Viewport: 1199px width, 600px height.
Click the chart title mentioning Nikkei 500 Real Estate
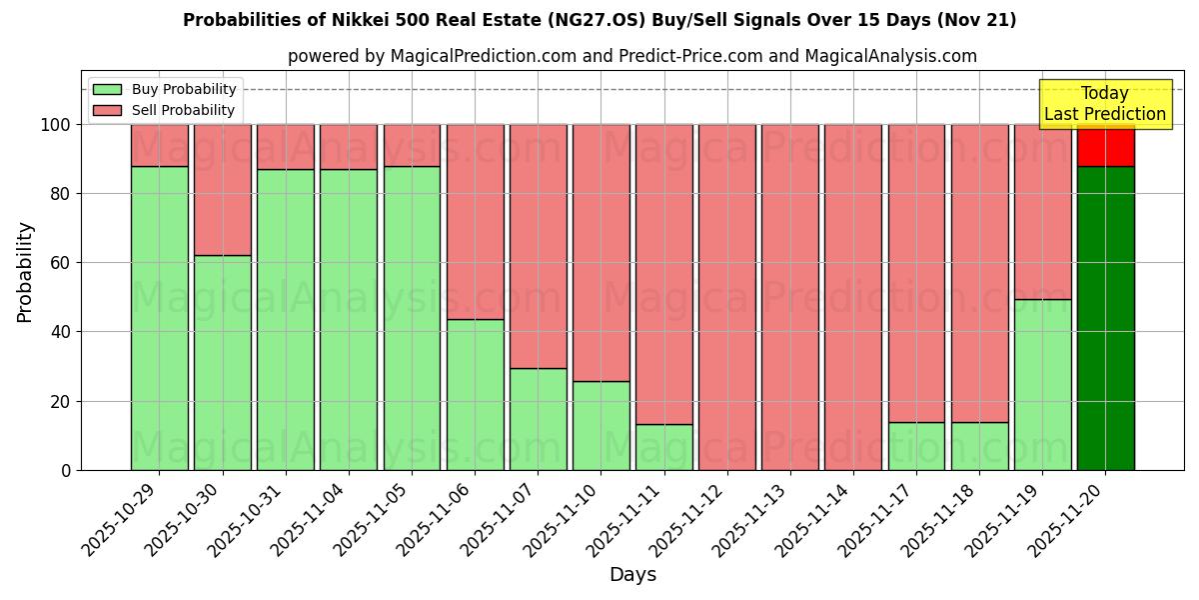pos(599,20)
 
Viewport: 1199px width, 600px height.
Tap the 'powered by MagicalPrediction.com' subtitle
pos(631,56)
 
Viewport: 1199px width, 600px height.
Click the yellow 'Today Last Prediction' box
pos(1105,104)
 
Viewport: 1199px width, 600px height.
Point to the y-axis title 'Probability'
pos(25,272)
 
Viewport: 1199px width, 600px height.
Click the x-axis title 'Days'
pos(632,575)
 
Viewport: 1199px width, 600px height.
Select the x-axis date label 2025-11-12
pos(688,521)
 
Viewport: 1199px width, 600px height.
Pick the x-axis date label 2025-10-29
pos(121,521)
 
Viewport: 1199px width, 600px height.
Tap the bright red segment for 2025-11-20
pos(1105,145)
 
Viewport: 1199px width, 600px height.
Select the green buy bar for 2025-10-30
pos(222,362)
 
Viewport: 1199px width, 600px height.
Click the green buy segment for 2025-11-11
pos(663,447)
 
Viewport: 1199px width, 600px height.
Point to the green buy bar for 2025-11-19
pos(1042,384)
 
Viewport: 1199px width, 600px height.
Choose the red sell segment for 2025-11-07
pos(538,246)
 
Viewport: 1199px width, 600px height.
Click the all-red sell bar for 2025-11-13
pos(789,297)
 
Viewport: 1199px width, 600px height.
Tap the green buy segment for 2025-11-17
pos(915,446)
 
